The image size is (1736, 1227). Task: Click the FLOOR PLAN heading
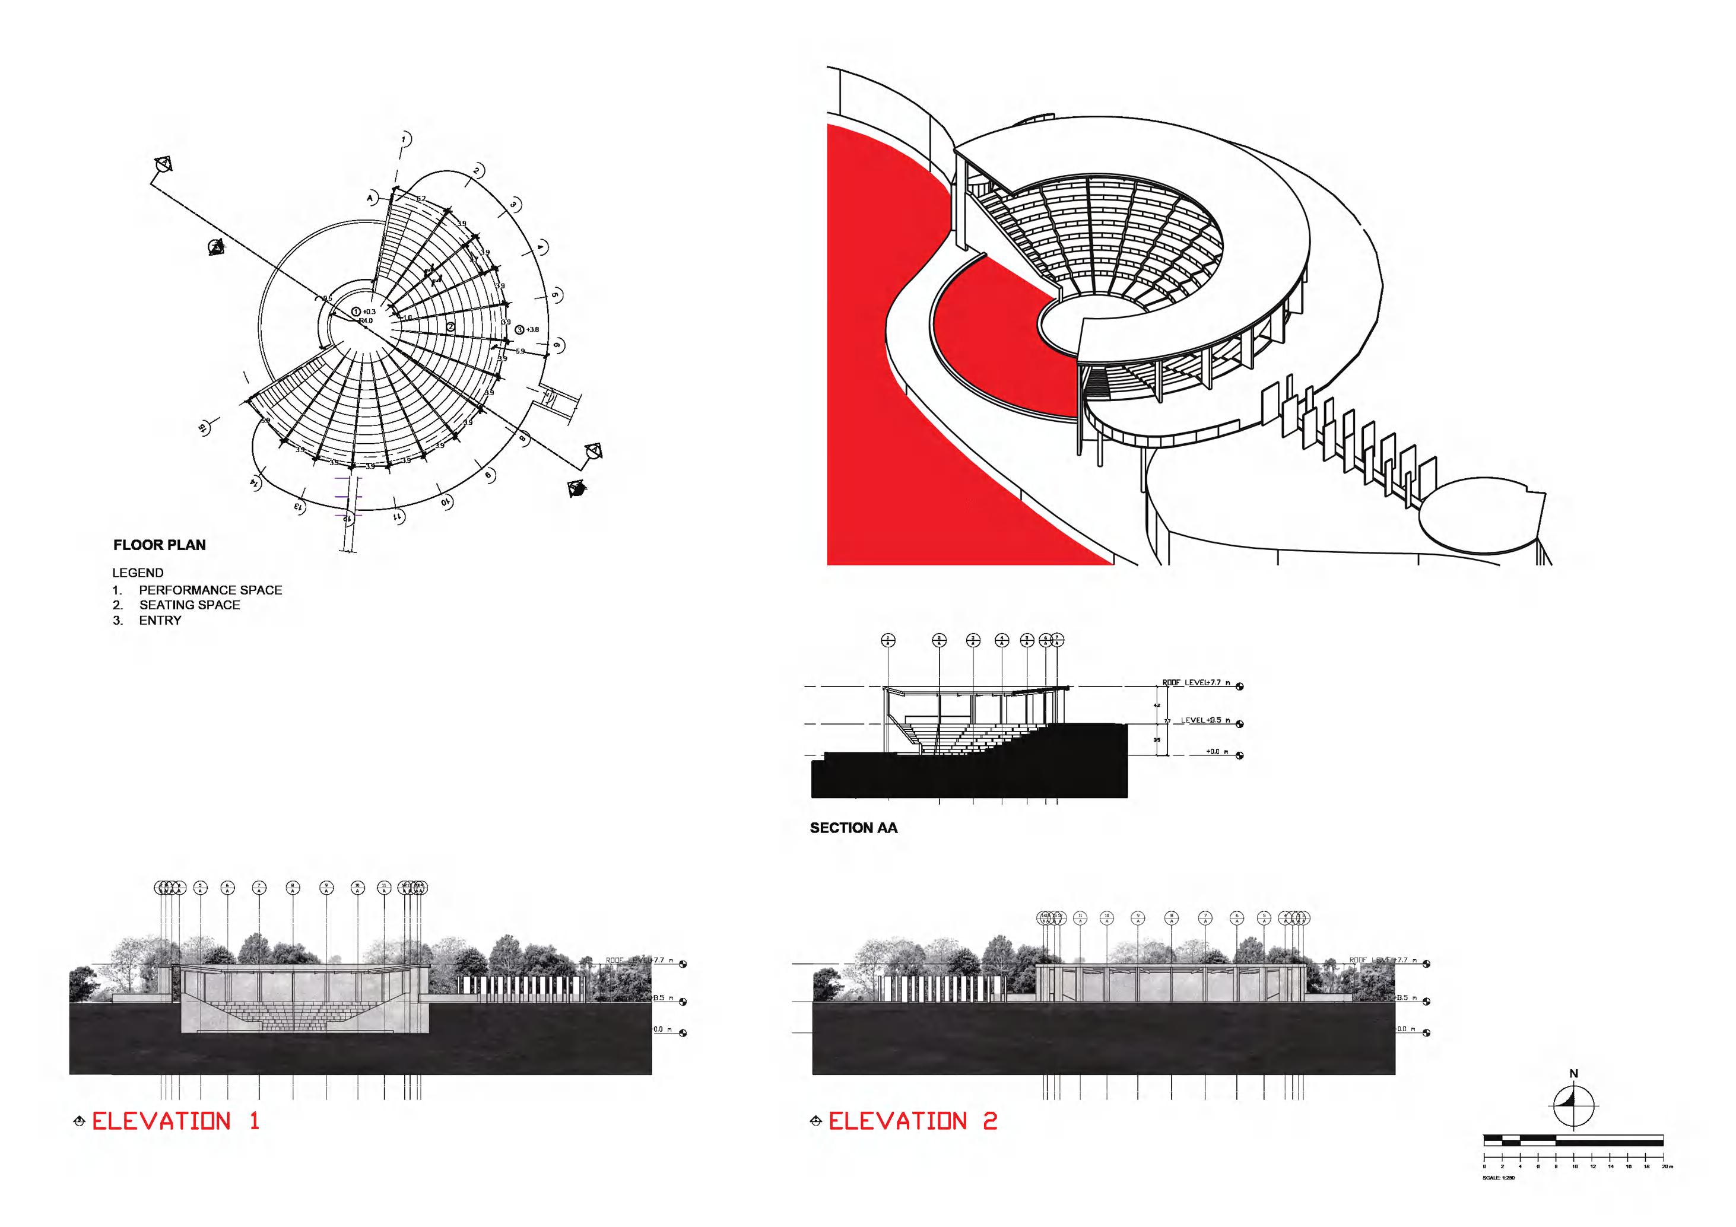point(160,545)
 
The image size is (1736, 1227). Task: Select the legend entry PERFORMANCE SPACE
point(210,590)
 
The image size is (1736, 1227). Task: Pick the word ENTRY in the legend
point(160,621)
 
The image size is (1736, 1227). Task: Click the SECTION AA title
point(853,828)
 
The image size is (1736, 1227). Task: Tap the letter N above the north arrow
point(1573,1073)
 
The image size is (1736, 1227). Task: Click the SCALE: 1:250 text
point(1499,1178)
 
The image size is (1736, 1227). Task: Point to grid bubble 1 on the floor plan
point(405,139)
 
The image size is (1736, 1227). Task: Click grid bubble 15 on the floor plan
point(202,428)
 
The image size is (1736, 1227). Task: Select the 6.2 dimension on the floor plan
point(421,199)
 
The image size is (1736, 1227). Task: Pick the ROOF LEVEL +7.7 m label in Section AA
point(1195,683)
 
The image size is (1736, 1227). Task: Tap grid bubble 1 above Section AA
point(888,640)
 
